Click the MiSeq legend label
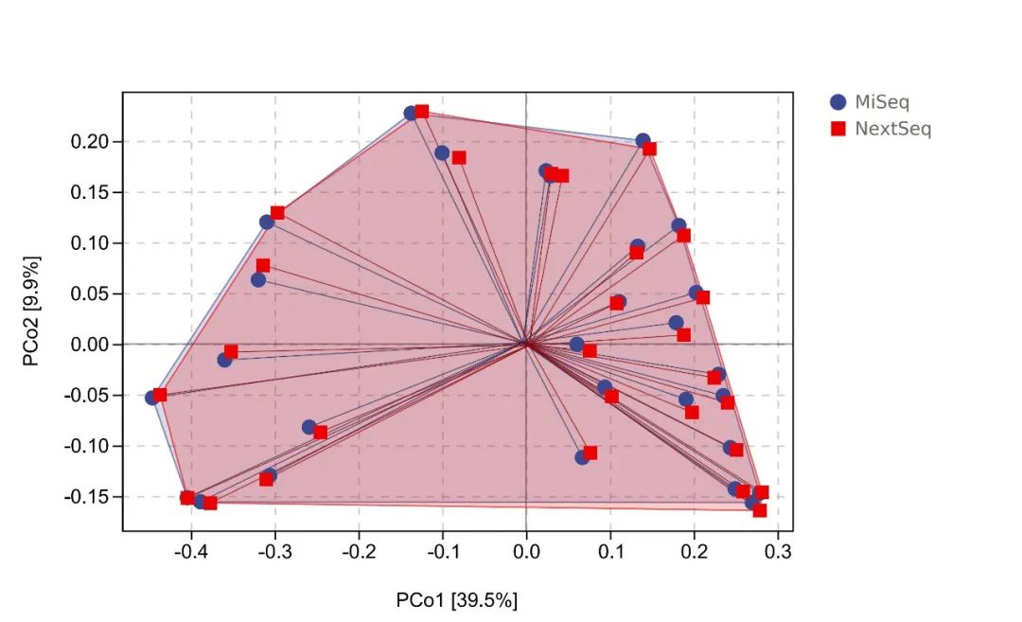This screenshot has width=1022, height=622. [882, 102]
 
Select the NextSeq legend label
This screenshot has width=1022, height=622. [892, 129]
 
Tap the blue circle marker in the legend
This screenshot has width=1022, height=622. [837, 102]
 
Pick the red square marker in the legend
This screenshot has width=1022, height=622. [837, 129]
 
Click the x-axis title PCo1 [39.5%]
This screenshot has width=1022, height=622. [457, 599]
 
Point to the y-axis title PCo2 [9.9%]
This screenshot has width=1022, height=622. [32, 310]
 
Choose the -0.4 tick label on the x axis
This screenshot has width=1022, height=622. [192, 551]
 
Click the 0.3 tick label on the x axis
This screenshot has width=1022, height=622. [778, 551]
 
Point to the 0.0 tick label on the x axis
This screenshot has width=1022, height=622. [527, 551]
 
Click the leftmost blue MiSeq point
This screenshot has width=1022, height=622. [152, 398]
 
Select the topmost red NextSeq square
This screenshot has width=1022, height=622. [422, 112]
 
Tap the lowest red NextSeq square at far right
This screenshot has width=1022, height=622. [759, 510]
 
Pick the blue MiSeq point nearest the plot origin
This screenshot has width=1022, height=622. [576, 345]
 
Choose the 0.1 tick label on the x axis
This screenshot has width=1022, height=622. [610, 551]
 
